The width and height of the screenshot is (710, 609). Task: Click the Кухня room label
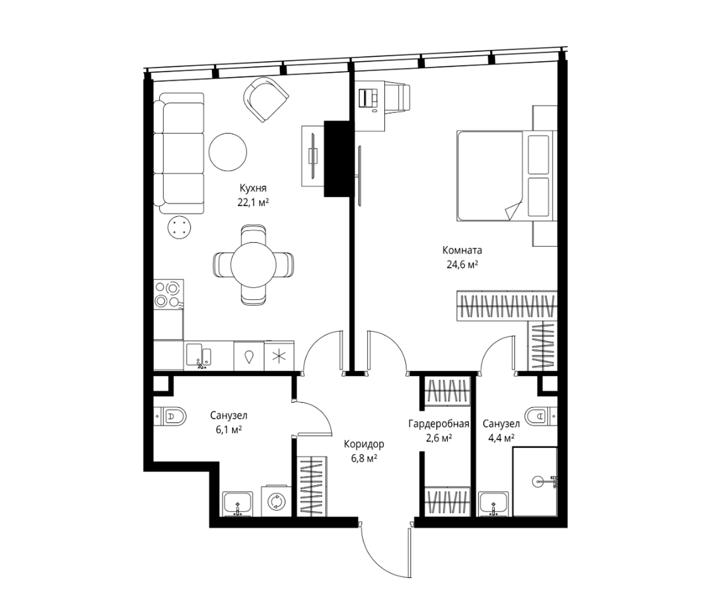pos(253,188)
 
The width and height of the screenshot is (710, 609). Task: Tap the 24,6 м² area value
pos(462,265)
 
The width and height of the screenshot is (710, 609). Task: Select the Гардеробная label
pos(439,424)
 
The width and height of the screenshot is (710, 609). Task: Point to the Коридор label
pos(364,445)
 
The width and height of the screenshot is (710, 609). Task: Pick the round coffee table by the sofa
pos(228,152)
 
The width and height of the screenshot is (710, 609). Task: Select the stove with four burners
pos(168,295)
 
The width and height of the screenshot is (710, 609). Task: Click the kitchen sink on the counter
pos(199,356)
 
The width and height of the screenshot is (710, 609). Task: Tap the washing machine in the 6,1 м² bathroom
pos(276,501)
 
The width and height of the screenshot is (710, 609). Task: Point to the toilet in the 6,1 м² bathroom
pos(170,416)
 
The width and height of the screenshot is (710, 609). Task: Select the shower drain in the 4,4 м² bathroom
pos(538,481)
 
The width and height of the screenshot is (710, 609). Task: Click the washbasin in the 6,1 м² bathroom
pos(238,504)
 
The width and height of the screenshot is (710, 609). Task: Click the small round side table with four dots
pos(179,227)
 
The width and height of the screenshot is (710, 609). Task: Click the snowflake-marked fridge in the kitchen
pos(279,356)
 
